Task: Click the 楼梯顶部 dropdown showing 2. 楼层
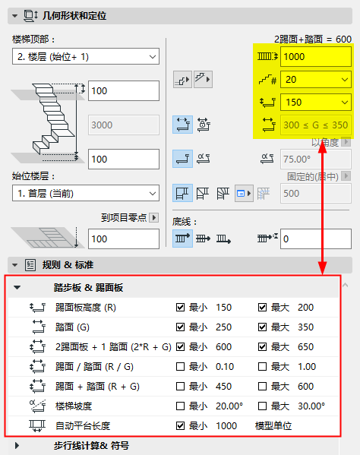click(x=84, y=57)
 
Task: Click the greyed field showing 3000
click(x=123, y=125)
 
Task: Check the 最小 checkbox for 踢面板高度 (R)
click(x=180, y=308)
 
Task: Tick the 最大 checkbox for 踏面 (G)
click(x=263, y=327)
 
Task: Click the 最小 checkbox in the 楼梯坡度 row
click(x=180, y=406)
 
